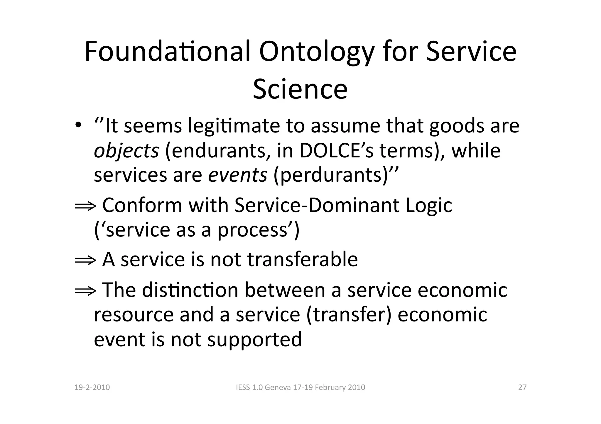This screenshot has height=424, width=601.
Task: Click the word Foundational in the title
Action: click(x=168, y=51)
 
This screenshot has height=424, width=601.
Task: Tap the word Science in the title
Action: click(x=300, y=89)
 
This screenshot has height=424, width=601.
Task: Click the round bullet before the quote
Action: click(x=78, y=126)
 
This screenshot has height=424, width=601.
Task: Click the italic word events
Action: click(x=238, y=175)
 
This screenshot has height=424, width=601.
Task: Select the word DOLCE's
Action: click(x=336, y=151)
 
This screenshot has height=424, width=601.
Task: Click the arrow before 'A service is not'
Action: click(x=85, y=260)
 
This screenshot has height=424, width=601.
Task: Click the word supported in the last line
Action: click(x=254, y=340)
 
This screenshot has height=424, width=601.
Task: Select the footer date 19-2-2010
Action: click(x=92, y=387)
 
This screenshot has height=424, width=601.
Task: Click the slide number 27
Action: click(x=522, y=387)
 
